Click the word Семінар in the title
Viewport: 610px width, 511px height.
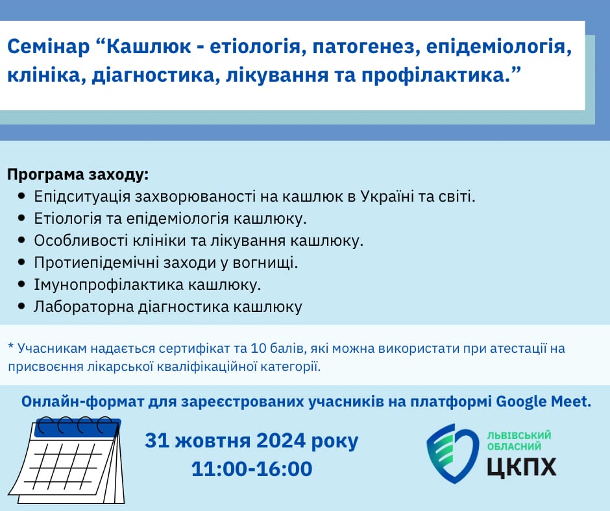click(x=48, y=47)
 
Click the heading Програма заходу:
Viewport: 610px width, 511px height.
click(x=78, y=174)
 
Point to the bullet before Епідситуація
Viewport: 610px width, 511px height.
click(x=22, y=196)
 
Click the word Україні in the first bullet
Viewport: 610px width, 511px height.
click(x=387, y=196)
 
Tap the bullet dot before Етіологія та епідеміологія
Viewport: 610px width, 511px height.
click(x=22, y=218)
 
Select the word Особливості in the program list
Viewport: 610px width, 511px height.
click(x=80, y=241)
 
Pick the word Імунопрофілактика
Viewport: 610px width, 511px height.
click(x=108, y=285)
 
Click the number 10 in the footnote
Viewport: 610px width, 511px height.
click(x=260, y=348)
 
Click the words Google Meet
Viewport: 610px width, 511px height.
click(x=543, y=401)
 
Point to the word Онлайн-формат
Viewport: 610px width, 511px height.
click(x=82, y=401)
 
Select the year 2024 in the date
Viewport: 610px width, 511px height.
click(x=281, y=440)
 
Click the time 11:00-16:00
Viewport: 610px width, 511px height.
click(x=252, y=469)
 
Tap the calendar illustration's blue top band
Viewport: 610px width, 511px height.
click(x=77, y=429)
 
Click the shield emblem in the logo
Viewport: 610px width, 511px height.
click(x=452, y=453)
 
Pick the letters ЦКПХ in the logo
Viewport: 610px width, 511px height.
click(x=522, y=466)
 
